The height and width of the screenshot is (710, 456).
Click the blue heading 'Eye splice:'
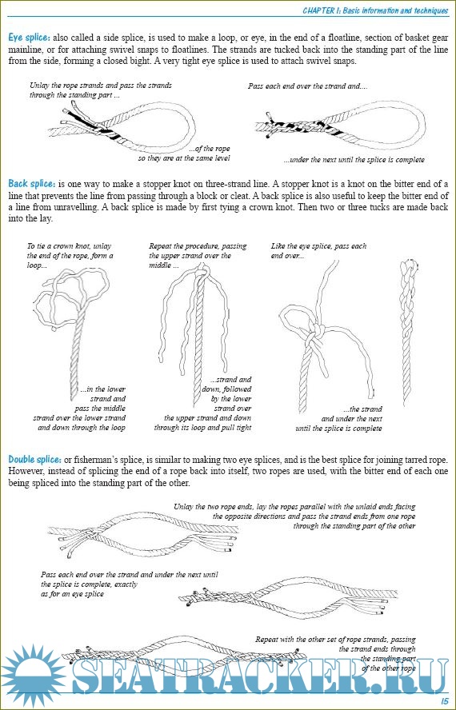coord(30,38)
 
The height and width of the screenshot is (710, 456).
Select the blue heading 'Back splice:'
coord(32,184)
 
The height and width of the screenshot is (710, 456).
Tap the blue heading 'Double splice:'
coord(34,460)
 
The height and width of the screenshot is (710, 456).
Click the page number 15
coord(444,700)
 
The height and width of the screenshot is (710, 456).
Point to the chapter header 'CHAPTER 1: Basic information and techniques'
coord(375,10)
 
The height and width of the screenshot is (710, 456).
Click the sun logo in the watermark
coord(34,676)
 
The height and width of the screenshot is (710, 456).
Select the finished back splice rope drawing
coord(409,332)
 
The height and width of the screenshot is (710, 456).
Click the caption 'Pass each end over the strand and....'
coord(308,86)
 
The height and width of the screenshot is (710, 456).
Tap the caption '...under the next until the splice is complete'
coord(354,160)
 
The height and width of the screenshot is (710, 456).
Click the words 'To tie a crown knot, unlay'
coord(69,246)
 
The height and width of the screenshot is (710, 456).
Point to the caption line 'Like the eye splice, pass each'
coord(318,246)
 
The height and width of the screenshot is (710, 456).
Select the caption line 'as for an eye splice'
coord(72,594)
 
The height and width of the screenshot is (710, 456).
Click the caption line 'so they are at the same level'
coord(184,158)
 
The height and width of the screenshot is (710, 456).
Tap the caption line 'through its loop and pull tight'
coord(202,428)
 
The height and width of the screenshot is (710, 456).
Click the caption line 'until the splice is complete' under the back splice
coord(338,429)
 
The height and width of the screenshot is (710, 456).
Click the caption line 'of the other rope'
coord(389,668)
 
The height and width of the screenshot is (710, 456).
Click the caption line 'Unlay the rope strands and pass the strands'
coord(101,85)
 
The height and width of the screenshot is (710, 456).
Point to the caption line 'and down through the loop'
coord(82,428)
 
